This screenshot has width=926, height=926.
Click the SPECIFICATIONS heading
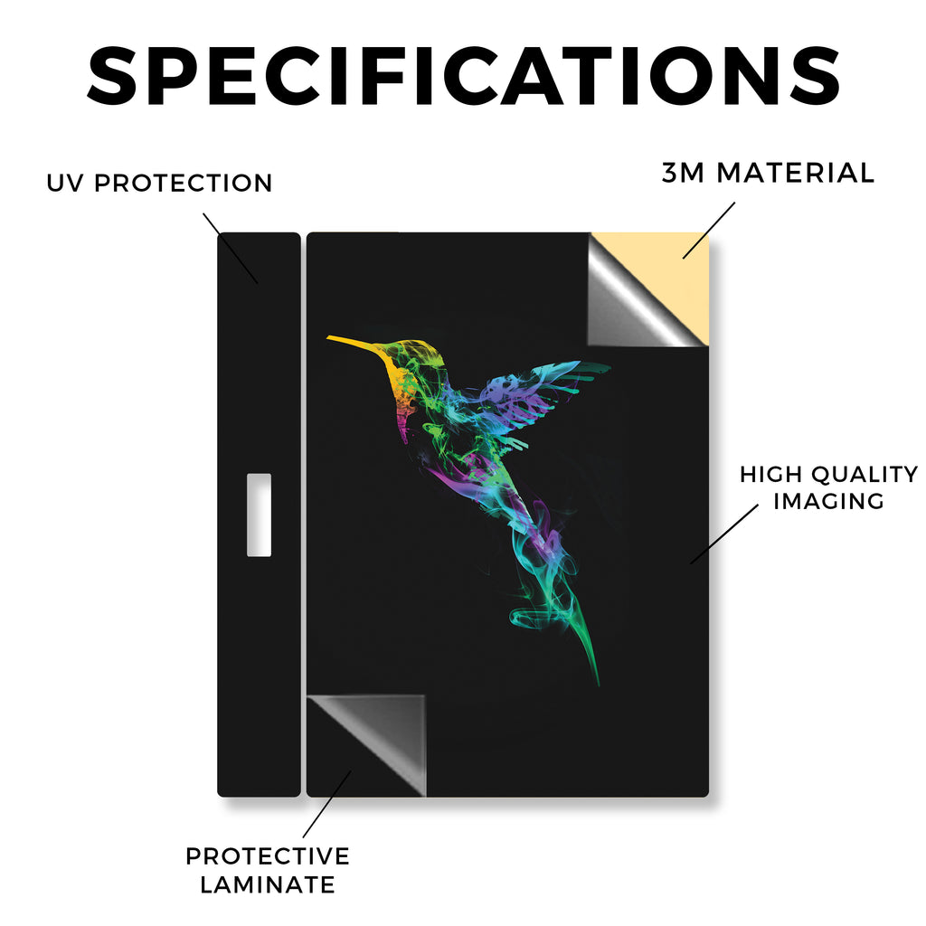(x=464, y=76)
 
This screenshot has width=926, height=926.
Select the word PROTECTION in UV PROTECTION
(x=183, y=183)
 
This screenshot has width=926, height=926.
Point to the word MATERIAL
(x=795, y=173)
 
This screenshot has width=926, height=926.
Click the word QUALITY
(x=865, y=474)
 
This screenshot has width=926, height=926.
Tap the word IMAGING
(x=828, y=501)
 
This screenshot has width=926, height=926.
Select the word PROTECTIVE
(x=268, y=856)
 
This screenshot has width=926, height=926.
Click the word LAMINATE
(x=268, y=884)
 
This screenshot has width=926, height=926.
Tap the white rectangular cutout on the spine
(x=259, y=515)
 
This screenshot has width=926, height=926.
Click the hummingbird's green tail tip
(x=597, y=679)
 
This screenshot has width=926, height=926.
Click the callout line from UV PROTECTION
(x=231, y=248)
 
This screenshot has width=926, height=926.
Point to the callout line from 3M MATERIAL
(x=709, y=231)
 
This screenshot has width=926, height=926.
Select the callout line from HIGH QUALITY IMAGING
(x=724, y=534)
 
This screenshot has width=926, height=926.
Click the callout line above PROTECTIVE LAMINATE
(x=327, y=804)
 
